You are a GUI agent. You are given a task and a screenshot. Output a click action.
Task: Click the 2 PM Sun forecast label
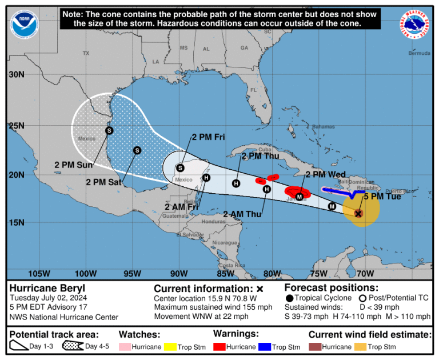[73, 165]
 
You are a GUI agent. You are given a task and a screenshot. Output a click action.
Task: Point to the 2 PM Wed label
[325, 174]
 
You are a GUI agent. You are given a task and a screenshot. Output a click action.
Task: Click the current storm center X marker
[358, 213]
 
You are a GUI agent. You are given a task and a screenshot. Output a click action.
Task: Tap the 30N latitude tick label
[17, 75]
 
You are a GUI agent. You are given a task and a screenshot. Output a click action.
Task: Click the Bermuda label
[418, 53]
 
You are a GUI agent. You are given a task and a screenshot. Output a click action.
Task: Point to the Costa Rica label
[232, 266]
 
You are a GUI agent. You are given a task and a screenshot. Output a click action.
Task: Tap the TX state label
[86, 53]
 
